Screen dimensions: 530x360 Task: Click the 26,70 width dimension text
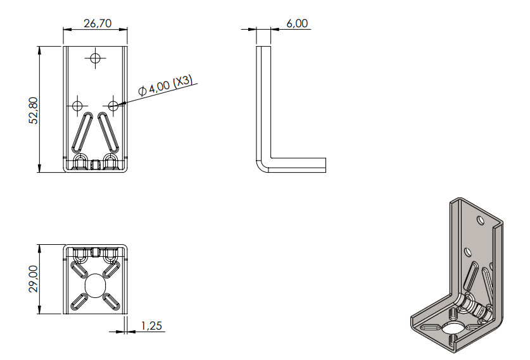98,23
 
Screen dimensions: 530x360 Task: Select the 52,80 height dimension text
34,111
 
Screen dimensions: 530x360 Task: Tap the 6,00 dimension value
297,23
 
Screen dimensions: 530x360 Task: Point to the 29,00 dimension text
34,278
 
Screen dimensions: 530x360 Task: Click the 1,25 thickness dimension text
151,326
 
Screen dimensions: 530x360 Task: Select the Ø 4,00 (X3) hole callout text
166,85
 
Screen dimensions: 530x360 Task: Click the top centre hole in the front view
96,58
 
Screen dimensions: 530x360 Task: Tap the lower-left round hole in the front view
77,106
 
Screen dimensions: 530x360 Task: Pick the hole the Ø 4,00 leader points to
113,106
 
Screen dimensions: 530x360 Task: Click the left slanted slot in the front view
82,132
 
